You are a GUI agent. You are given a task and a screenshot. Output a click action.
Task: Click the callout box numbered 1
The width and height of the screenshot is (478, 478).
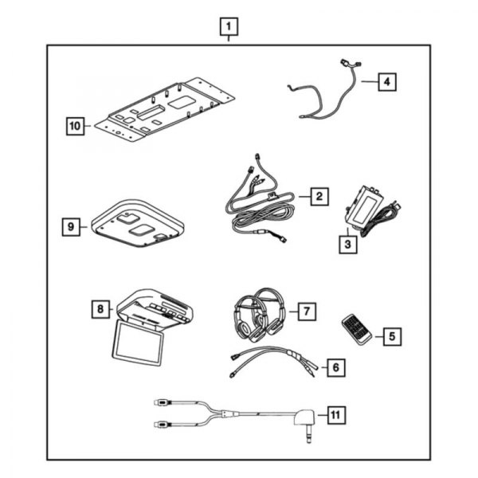point(229,29)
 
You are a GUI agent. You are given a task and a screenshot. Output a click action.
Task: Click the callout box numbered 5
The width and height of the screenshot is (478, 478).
point(390,336)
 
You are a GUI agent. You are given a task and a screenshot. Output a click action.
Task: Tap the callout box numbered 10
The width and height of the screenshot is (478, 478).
point(76,125)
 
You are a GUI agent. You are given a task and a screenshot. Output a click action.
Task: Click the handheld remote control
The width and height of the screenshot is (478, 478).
point(354,329)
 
